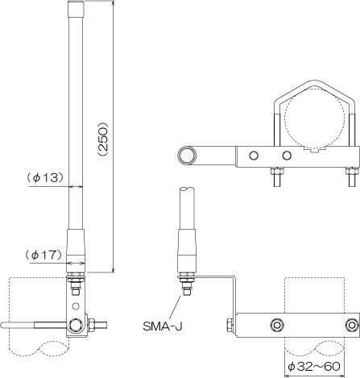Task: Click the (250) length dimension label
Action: point(103,139)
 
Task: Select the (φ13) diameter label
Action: point(46,177)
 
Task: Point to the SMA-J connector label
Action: point(163,326)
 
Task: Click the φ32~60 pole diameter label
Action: point(314,366)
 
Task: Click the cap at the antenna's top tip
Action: point(76,9)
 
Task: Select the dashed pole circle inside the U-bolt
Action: point(315,118)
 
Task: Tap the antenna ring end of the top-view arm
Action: point(187,156)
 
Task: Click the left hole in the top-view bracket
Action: point(254,156)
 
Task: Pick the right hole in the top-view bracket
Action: point(287,156)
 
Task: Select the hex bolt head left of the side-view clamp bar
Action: point(230,325)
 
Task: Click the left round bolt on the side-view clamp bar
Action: point(276,326)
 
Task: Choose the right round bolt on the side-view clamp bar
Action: point(351,326)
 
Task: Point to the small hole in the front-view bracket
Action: point(76,305)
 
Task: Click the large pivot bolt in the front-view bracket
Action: point(76,325)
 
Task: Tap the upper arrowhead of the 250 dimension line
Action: point(114,3)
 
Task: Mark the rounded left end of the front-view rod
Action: point(2,325)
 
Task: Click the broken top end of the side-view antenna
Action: point(187,189)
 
